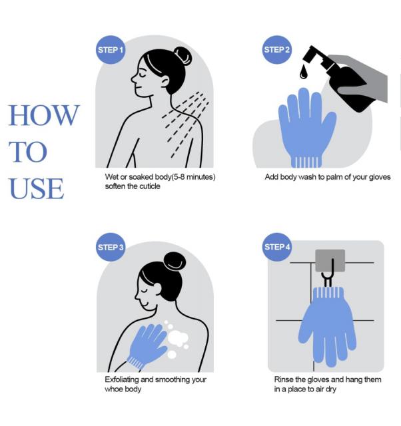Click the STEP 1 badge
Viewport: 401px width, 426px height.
pos(111,50)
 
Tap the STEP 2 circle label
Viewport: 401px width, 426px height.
pos(276,50)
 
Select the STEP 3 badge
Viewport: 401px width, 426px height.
pos(111,247)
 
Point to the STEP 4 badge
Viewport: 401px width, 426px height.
pos(277,247)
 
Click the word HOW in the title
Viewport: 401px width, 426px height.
pos(44,115)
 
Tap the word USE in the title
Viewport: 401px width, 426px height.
pos(37,188)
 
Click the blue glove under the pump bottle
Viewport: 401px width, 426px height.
pos(307,128)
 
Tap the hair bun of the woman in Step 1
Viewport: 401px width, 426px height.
pos(183,56)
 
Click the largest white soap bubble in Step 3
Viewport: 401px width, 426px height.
pos(178,339)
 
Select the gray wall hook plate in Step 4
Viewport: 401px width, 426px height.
pos(330,261)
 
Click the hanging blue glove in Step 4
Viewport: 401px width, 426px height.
pos(327,326)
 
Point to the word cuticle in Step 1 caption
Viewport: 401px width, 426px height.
pos(150,186)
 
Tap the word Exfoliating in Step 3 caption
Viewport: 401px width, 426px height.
pos(122,379)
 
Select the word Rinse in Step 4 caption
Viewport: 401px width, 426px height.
pos(283,379)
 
